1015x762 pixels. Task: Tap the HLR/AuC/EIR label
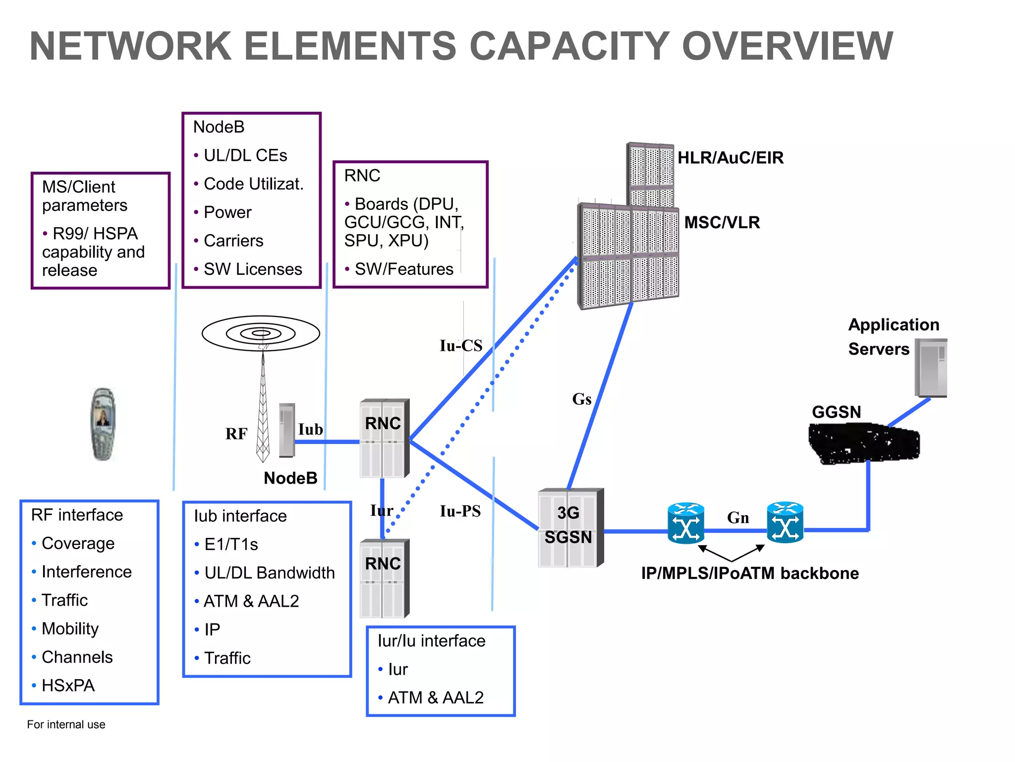point(730,158)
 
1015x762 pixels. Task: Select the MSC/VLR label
point(722,222)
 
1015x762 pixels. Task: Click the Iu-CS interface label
point(460,346)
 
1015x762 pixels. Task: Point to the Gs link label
point(581,399)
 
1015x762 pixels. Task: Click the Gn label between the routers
point(737,518)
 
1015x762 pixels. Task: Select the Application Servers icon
point(930,368)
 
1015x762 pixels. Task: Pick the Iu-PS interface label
point(460,511)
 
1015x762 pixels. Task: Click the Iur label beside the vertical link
point(381,510)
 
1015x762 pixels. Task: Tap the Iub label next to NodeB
point(310,429)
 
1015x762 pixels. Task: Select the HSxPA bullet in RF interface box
point(68,685)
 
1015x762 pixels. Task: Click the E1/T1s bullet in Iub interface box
point(231,544)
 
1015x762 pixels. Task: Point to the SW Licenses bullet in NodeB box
point(253,269)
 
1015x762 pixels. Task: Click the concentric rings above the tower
point(261,333)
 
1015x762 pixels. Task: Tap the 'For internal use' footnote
point(66,724)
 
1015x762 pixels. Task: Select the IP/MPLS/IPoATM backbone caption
point(749,573)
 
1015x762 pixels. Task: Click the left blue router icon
point(685,523)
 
